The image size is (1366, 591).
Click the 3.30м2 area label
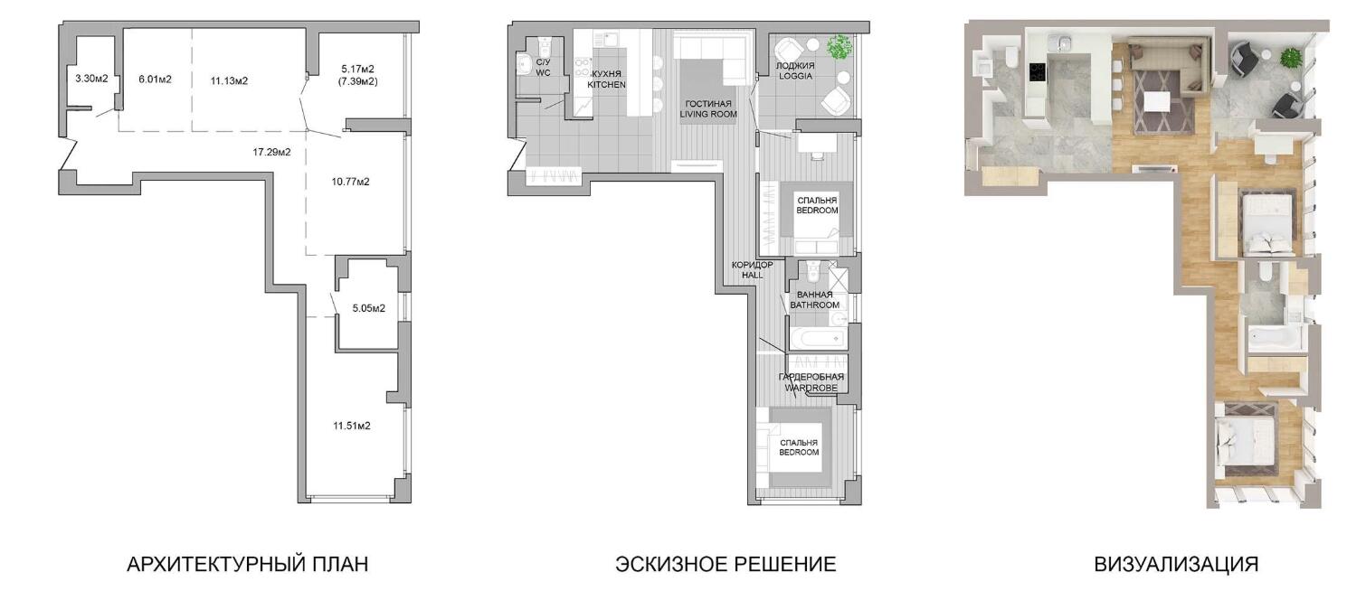click(x=91, y=78)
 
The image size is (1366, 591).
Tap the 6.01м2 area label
click(x=155, y=80)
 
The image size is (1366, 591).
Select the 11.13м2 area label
click(x=229, y=80)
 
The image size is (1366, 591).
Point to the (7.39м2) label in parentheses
click(x=359, y=81)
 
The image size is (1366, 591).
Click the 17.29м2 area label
click(x=271, y=152)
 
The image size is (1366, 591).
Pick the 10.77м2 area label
click(x=350, y=182)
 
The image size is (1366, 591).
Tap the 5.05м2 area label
click(x=368, y=308)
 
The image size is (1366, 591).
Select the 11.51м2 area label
click(x=351, y=426)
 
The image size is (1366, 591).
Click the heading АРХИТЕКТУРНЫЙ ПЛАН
click(x=248, y=564)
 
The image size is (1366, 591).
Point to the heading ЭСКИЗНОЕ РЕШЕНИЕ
click(x=726, y=564)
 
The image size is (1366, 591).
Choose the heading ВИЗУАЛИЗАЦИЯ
click(x=1176, y=564)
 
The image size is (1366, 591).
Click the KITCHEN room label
click(x=606, y=85)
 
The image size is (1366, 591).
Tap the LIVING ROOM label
click(x=708, y=114)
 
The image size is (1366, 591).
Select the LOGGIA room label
click(x=795, y=76)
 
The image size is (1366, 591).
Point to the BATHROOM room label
click(x=815, y=305)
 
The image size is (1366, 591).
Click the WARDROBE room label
click(x=811, y=388)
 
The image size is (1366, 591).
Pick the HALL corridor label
click(x=752, y=275)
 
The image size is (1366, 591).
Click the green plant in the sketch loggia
click(x=840, y=46)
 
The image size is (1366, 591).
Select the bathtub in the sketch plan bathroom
click(x=817, y=338)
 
